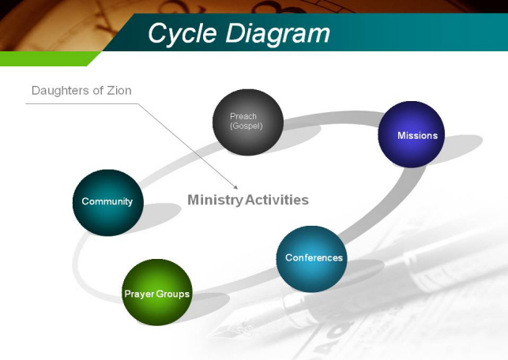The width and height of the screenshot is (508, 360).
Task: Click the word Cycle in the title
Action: (183, 34)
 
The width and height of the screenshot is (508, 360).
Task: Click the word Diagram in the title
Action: (278, 34)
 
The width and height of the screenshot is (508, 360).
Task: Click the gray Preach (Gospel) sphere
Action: (248, 122)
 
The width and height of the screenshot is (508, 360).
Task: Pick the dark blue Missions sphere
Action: (411, 134)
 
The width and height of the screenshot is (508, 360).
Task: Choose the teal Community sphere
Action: (108, 202)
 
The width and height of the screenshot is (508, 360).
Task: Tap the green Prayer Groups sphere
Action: (157, 292)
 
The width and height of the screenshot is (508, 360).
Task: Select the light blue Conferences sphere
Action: (311, 259)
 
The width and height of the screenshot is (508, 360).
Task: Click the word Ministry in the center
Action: (215, 200)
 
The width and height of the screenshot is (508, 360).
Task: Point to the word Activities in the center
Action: (277, 200)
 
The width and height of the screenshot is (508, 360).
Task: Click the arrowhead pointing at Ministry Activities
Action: (236, 187)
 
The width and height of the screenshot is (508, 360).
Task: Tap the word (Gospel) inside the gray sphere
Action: (246, 126)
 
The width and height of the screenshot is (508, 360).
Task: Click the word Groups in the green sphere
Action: (173, 294)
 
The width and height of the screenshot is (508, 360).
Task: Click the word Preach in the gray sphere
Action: (243, 116)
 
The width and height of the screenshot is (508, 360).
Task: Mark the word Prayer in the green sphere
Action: (140, 294)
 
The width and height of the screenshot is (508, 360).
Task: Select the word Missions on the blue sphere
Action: (417, 135)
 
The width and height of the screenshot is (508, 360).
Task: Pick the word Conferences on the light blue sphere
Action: (314, 257)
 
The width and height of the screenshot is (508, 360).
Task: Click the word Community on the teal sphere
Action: (107, 201)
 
